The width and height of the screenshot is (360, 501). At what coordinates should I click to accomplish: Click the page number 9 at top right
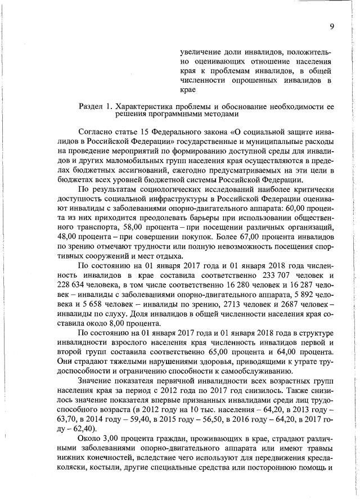pyautogui.click(x=332, y=25)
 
